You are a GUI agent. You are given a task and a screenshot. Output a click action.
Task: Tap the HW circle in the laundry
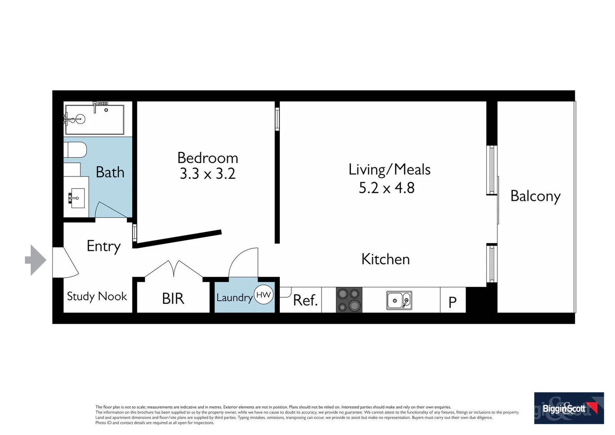(264, 294)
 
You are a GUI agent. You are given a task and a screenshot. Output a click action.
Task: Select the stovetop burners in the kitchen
(349, 300)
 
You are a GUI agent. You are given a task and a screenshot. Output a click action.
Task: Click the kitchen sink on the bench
(399, 300)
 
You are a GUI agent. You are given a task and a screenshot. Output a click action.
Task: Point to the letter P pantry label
(452, 302)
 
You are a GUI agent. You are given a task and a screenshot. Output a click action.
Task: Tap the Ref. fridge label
(305, 300)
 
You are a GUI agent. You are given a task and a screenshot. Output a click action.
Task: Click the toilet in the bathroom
(75, 150)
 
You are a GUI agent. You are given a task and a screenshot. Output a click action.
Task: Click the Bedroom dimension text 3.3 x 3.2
(207, 174)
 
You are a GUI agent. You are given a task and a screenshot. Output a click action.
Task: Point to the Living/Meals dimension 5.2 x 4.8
(386, 188)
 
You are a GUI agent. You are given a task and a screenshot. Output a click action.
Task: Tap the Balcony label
(535, 196)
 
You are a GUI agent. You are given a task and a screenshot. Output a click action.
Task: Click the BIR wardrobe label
(173, 298)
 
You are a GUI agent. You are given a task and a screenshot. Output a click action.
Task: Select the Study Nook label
(97, 296)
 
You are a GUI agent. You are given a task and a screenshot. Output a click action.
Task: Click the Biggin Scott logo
(569, 408)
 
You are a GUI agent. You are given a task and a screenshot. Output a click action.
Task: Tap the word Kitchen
(385, 259)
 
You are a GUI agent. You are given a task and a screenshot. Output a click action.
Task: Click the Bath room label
(110, 172)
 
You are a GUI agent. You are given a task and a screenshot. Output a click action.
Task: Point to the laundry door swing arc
(241, 260)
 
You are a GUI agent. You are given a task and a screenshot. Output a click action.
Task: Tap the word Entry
(103, 246)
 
